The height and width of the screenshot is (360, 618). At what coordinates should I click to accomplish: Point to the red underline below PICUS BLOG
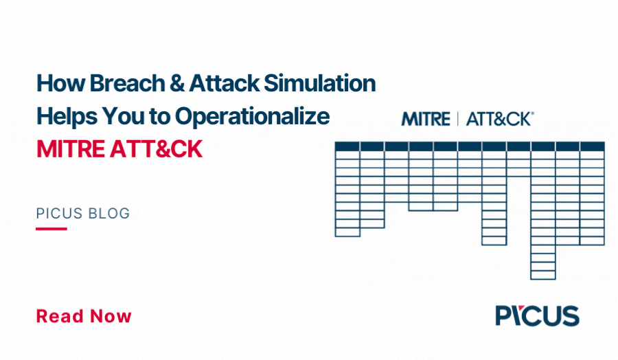pos(51,228)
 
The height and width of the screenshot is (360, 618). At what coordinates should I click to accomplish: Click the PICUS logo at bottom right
pos(537,315)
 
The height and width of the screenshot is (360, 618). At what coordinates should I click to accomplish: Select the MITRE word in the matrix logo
pos(426,119)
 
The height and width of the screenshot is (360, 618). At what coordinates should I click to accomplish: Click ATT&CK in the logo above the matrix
pos(499,119)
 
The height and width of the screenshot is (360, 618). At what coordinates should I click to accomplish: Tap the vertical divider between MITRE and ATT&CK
pos(458,119)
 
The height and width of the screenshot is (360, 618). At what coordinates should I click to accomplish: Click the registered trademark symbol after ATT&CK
pos(533,113)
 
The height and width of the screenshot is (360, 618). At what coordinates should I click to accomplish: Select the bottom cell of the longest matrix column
pos(543,275)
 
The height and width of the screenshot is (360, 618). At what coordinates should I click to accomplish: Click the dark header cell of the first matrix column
pos(347,146)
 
